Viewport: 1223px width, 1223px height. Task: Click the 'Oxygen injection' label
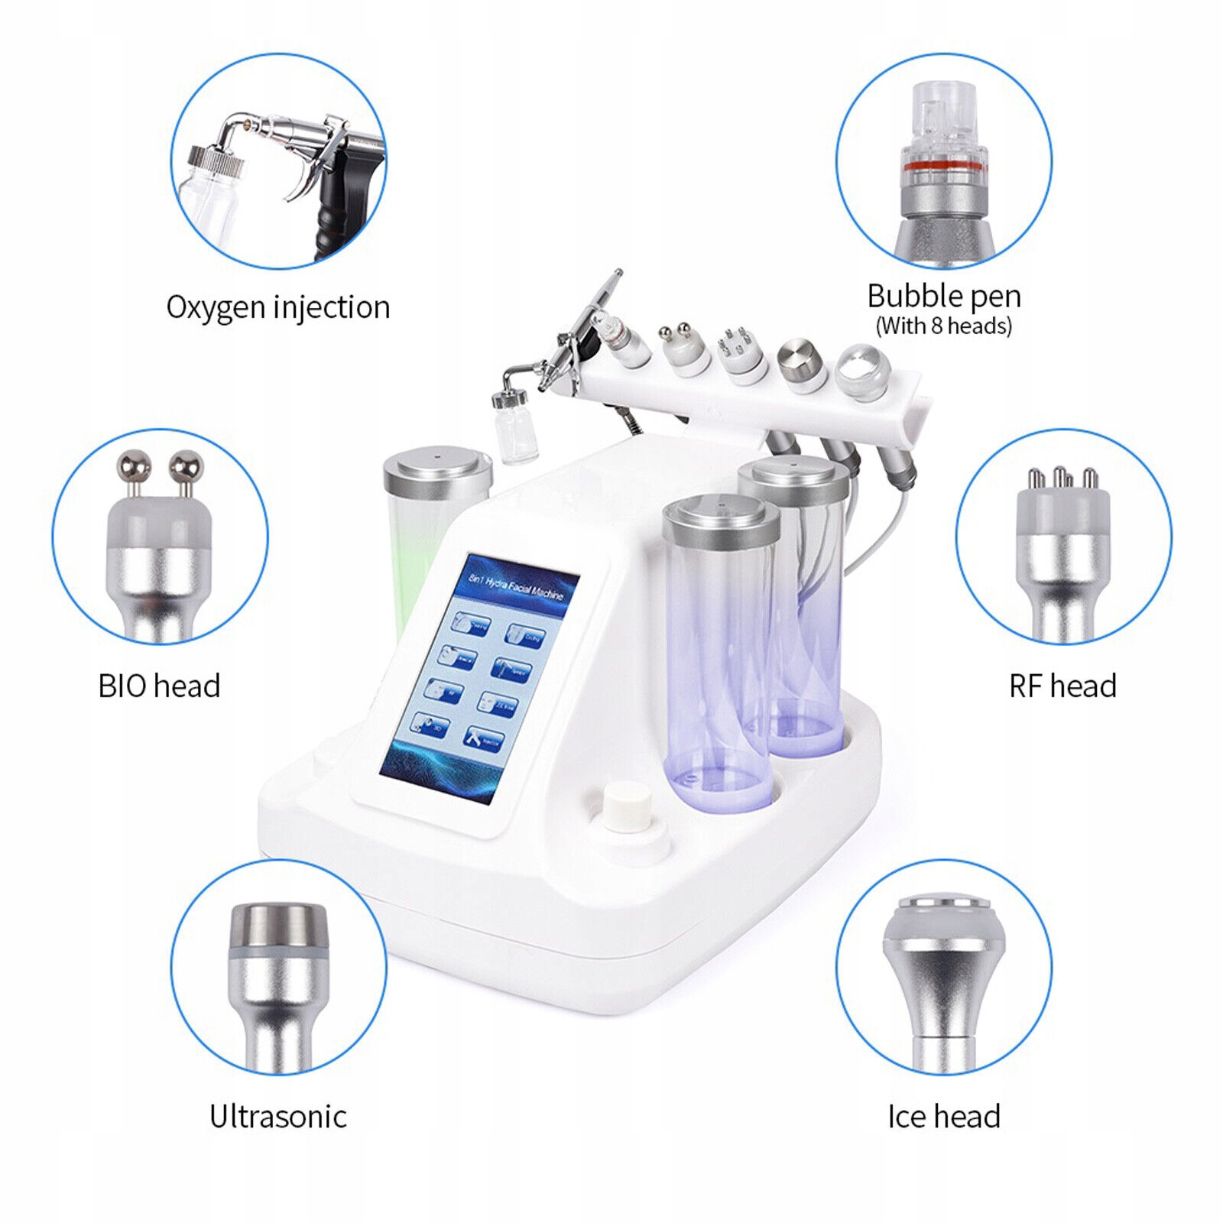[278, 307]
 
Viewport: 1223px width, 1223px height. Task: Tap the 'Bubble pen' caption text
[943, 296]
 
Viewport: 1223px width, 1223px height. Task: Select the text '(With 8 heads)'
[943, 326]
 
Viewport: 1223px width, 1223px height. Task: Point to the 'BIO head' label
[159, 686]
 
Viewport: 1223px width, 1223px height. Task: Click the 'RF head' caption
[1062, 686]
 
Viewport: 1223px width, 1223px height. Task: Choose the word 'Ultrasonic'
[278, 1117]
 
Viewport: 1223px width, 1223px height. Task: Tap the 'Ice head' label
[943, 1117]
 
